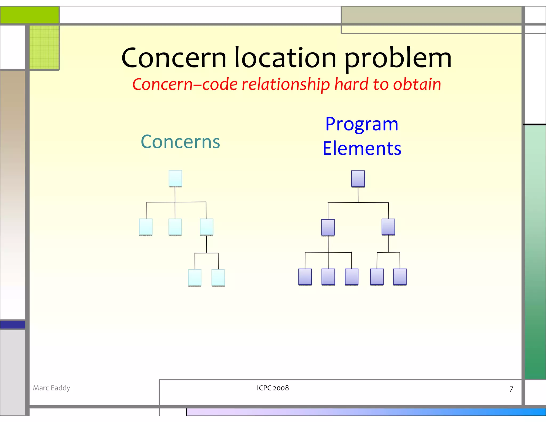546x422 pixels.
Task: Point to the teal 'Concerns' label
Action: click(180, 142)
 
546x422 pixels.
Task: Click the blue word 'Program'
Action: click(362, 124)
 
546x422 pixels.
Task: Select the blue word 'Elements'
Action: click(362, 148)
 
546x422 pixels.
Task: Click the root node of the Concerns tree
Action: click(175, 178)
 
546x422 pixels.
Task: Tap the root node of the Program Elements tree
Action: click(358, 179)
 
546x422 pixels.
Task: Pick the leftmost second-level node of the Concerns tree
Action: click(146, 227)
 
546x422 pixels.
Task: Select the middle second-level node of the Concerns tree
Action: click(175, 227)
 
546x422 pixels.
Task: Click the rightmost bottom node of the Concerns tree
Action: click(218, 278)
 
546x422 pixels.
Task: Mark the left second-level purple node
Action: click(328, 227)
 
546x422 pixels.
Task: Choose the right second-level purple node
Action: click(388, 227)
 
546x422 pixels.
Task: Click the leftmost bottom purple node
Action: click(305, 277)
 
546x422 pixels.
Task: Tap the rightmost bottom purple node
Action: click(400, 277)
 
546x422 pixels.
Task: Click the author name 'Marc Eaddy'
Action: click(51, 388)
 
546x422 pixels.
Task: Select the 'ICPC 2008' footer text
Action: click(273, 388)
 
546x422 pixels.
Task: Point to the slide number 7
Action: click(511, 389)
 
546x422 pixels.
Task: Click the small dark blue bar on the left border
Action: click(13, 325)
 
